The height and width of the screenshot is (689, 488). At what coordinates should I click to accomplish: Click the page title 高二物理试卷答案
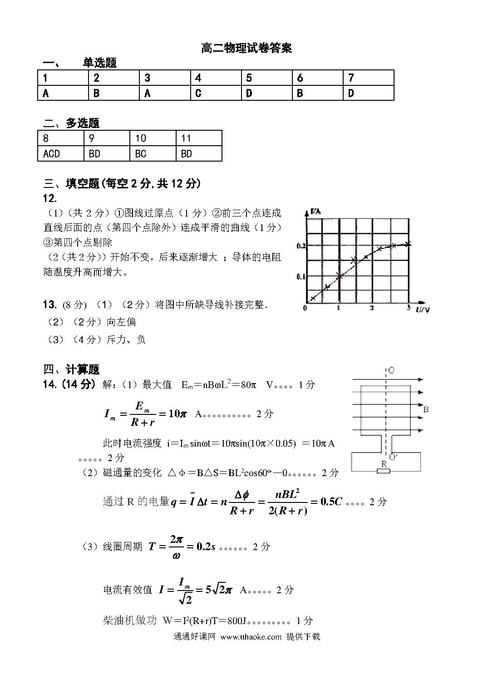pos(246,48)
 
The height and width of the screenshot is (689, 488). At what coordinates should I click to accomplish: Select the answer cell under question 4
pos(216,93)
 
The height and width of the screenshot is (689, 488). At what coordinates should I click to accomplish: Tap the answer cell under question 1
pos(63,93)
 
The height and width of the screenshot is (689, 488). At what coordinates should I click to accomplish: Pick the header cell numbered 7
pos(368,78)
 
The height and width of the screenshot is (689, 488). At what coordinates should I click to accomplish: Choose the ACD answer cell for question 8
pos(60,154)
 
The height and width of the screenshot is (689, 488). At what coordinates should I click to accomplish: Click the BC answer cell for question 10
pos(153,154)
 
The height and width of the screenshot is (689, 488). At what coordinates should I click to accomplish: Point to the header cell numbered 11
pos(198,138)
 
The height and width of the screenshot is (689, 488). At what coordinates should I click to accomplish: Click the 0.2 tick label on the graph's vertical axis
pos(301,246)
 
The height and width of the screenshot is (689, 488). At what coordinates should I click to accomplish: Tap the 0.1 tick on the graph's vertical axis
pos(301,276)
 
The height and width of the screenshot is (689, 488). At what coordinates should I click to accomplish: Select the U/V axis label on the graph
pos(422,310)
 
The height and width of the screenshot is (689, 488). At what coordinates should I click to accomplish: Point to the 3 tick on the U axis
pos(408,308)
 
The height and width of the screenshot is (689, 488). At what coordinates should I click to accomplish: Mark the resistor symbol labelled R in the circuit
pos(384,471)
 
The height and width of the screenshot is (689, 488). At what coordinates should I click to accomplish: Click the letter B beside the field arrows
pos(426,409)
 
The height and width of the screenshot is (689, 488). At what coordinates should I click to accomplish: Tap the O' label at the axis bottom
pos(393,457)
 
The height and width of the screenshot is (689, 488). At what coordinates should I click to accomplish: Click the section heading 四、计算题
pos(71,369)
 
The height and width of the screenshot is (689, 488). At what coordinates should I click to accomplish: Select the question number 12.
pos(50,198)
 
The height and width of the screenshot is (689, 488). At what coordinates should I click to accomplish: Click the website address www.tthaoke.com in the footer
pos(251,636)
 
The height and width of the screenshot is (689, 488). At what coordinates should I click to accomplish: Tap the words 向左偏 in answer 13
pos(122,322)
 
